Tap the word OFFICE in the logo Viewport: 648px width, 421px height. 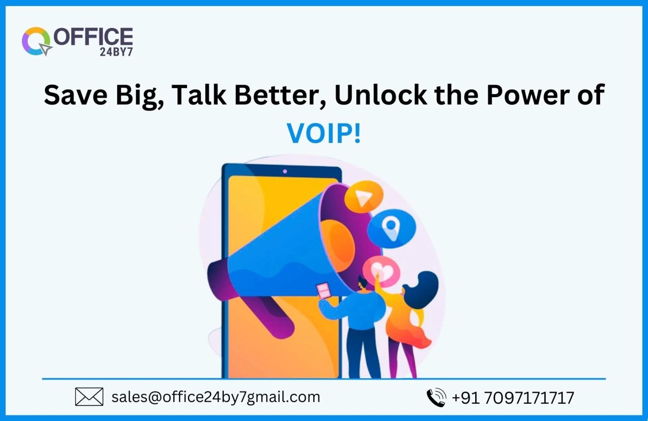(x=93, y=37)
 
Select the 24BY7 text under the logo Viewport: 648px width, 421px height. (x=116, y=52)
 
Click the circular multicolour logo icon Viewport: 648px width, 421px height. (x=36, y=41)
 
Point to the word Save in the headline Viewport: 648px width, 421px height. (x=76, y=95)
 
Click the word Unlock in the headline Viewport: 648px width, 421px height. (x=381, y=95)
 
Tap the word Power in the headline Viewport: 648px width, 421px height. (x=528, y=95)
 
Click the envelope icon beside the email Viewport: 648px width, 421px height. (x=89, y=397)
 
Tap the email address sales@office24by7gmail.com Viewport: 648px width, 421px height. (x=216, y=397)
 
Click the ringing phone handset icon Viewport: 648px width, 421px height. (x=436, y=397)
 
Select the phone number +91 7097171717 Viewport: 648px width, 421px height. (x=513, y=398)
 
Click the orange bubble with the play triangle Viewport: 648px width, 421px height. (x=363, y=197)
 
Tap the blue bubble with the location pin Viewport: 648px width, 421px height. (x=391, y=228)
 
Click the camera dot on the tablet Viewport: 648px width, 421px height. (x=285, y=171)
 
